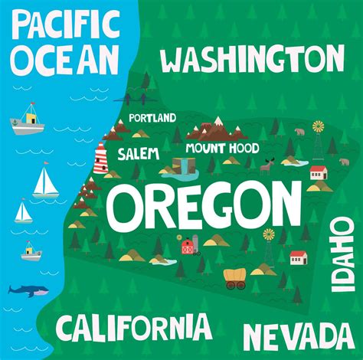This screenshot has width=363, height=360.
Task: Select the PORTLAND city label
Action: (152, 118)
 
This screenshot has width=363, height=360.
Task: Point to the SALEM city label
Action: (138, 154)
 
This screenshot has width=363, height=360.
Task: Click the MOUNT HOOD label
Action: (221, 148)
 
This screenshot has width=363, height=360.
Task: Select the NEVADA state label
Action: (299, 336)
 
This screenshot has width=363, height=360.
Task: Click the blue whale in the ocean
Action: (28, 290)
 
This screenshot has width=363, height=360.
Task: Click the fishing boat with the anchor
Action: (28, 116)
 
